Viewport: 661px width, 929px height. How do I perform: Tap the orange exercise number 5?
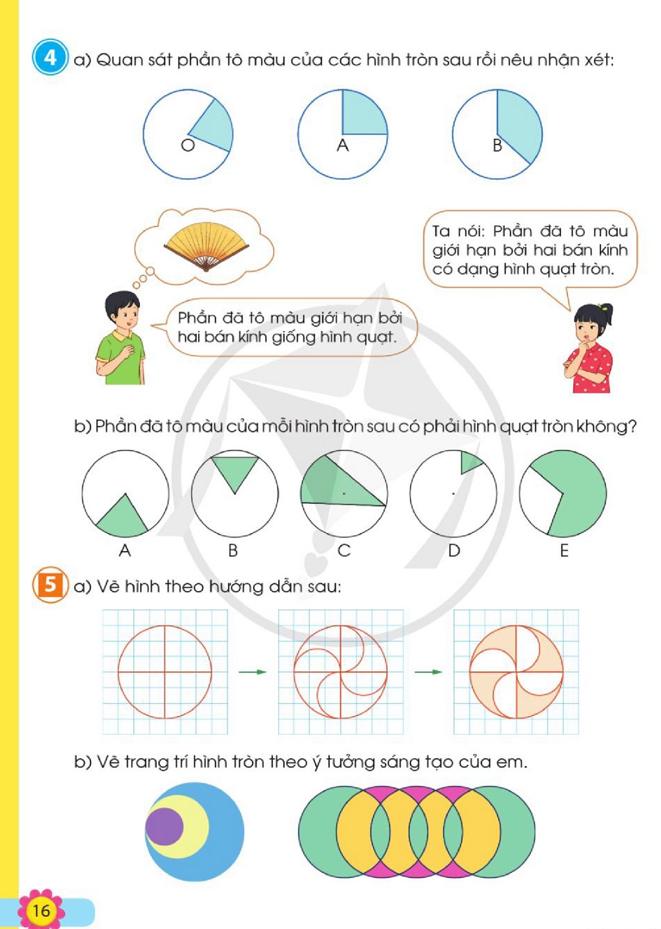pyautogui.click(x=50, y=584)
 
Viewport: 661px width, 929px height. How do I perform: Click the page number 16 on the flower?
pyautogui.click(x=41, y=910)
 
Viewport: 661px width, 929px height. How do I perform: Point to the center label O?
pyautogui.click(x=188, y=145)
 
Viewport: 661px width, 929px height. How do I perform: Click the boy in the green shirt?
pyautogui.click(x=119, y=338)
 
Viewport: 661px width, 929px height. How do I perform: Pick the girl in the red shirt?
pyautogui.click(x=589, y=348)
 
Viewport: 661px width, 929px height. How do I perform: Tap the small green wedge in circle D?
pyautogui.click(x=470, y=462)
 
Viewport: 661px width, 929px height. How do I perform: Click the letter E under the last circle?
pyautogui.click(x=564, y=550)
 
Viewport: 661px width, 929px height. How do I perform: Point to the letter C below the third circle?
pyautogui.click(x=344, y=550)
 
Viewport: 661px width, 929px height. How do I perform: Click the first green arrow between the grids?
pyautogui.click(x=252, y=672)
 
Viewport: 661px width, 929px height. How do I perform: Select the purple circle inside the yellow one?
pyautogui.click(x=165, y=826)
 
